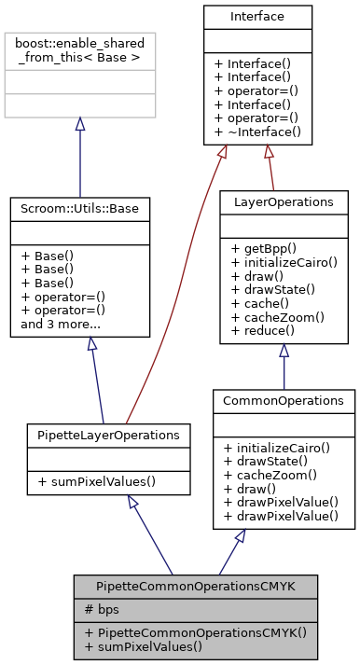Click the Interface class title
(256, 17)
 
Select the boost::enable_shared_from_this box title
(79, 49)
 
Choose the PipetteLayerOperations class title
(109, 435)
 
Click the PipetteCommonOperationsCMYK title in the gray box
(197, 587)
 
